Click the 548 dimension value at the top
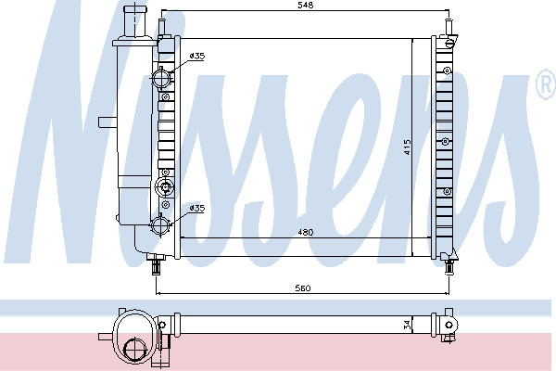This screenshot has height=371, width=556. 306,6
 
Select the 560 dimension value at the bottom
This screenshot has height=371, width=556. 303,288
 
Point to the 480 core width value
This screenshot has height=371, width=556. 305,232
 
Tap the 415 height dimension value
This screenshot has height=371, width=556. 407,147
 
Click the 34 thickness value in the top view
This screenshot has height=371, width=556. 407,325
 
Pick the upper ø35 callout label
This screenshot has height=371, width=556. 197,56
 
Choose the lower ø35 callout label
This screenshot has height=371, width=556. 197,208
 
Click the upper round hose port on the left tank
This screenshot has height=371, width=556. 161,78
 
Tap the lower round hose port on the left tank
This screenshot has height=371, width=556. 160,225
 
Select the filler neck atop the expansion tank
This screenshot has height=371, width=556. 133,21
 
